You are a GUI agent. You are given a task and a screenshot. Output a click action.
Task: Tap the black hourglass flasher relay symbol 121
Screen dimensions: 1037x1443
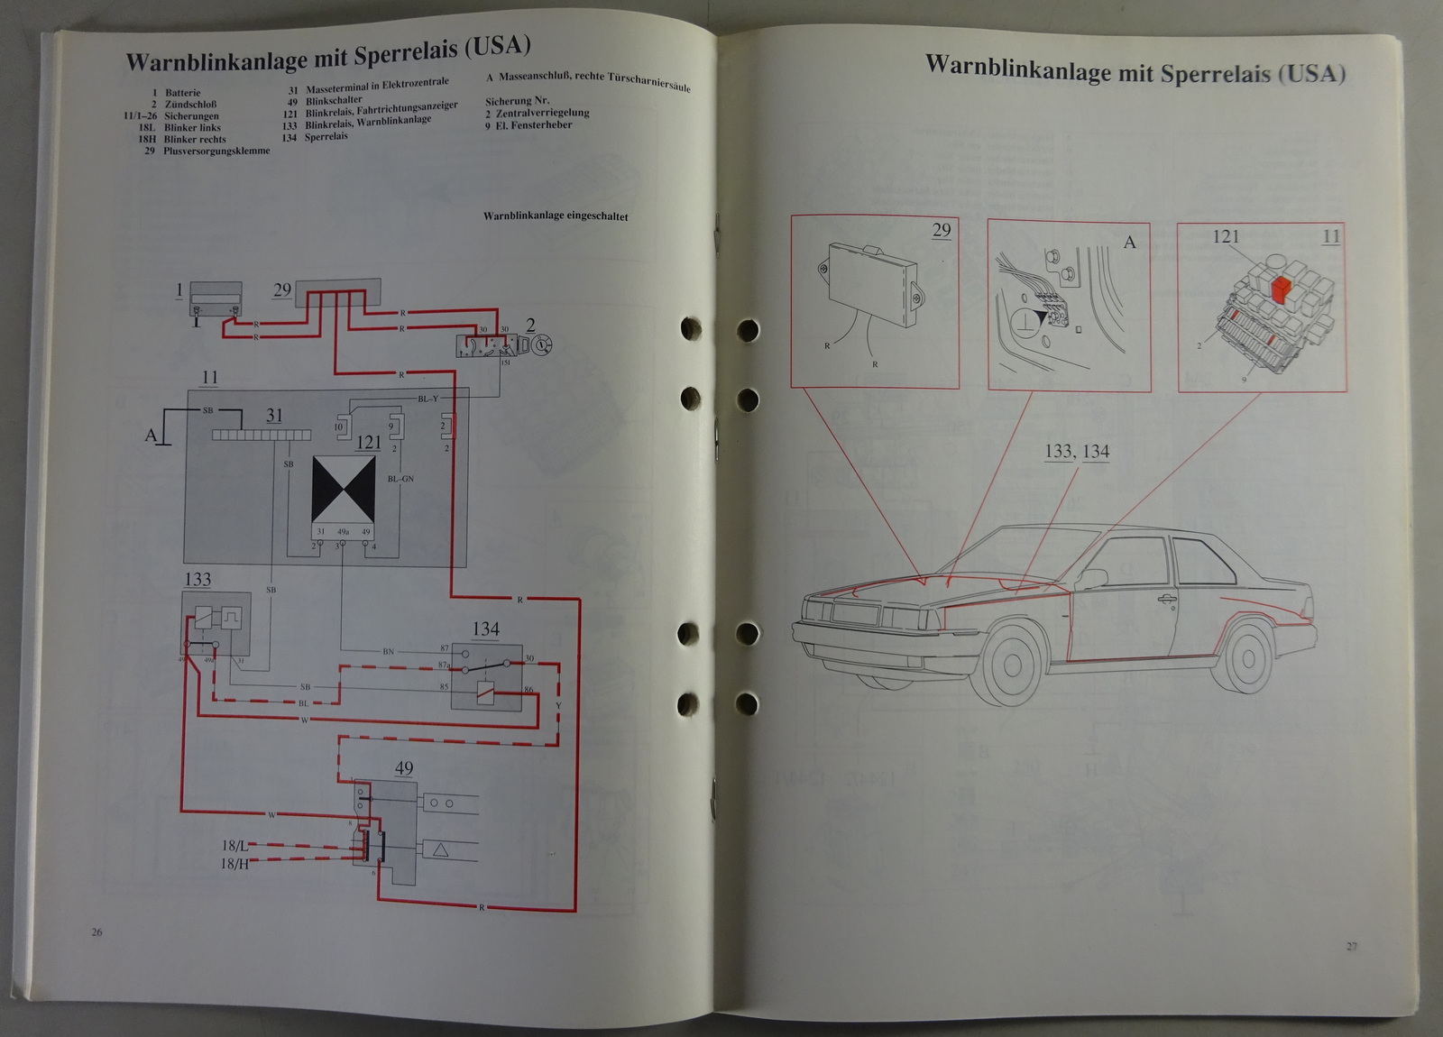click(344, 490)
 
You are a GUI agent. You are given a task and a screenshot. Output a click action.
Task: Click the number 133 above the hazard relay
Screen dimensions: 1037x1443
click(197, 580)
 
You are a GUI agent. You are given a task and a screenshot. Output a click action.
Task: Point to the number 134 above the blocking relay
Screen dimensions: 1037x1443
click(485, 629)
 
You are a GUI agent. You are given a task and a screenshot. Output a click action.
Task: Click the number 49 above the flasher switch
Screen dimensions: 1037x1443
click(404, 768)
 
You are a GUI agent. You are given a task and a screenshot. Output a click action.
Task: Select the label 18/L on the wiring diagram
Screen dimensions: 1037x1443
click(234, 846)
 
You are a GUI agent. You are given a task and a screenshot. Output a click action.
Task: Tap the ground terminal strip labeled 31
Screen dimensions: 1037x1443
click(262, 435)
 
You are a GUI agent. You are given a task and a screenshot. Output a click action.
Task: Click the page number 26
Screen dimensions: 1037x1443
click(97, 931)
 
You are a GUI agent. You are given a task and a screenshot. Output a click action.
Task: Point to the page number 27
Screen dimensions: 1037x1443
click(1351, 946)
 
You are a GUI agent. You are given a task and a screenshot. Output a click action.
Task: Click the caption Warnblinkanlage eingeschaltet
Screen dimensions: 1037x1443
click(556, 216)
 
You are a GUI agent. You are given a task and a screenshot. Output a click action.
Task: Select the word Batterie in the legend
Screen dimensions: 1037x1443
click(183, 93)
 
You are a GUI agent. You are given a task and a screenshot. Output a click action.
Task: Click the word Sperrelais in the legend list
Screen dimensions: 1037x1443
click(326, 137)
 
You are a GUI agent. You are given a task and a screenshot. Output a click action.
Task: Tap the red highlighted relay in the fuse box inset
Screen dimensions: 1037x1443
click(1280, 289)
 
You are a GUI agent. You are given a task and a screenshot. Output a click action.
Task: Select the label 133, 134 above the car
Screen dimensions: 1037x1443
click(1077, 451)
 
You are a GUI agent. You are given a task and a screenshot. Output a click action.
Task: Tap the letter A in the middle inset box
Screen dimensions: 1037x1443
click(1129, 243)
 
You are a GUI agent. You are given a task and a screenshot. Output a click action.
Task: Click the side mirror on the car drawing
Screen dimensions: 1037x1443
click(1094, 578)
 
